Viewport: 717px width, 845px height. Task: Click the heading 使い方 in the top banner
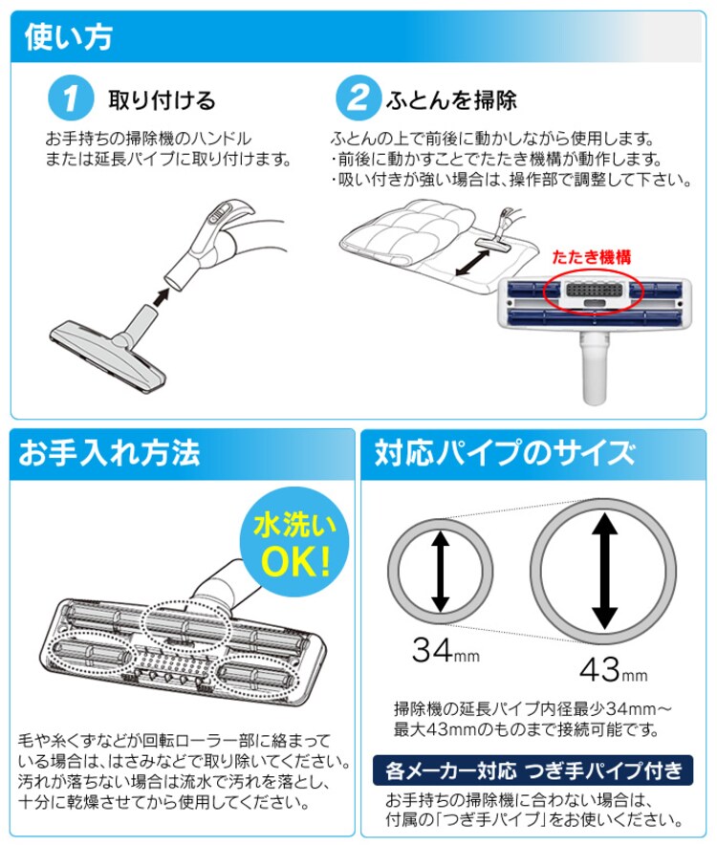[66, 36]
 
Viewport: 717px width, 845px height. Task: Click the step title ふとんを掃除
[451, 100]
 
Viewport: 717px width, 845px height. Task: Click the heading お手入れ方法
[109, 452]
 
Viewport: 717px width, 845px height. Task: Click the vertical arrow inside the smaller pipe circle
[439, 571]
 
